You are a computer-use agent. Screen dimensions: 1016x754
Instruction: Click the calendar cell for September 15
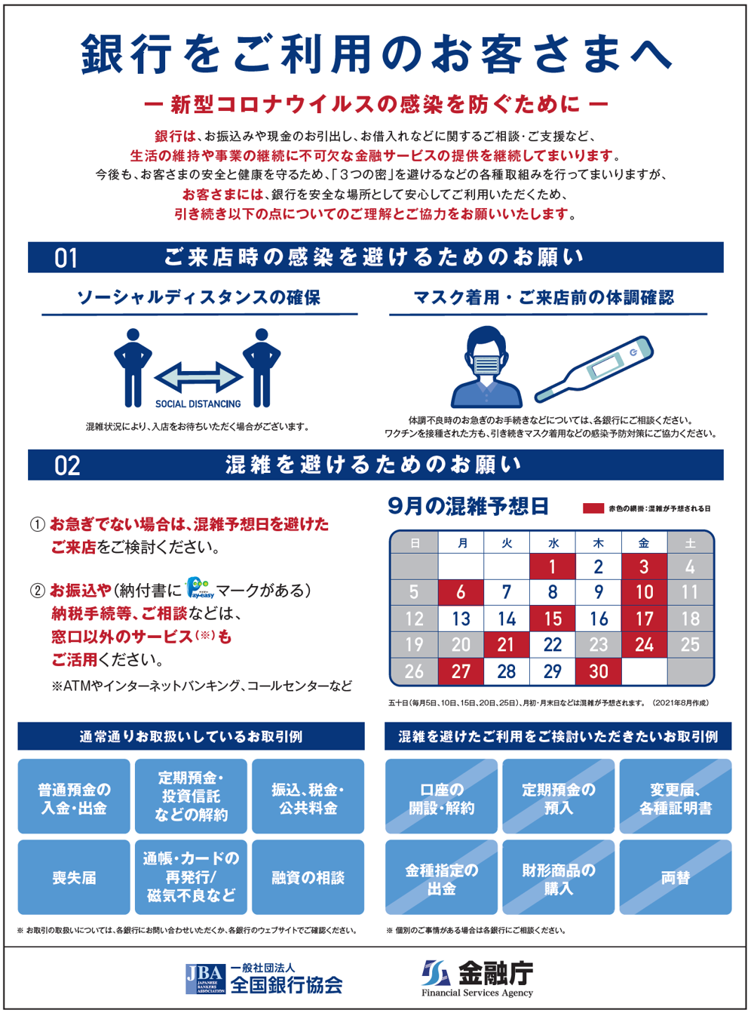point(553,619)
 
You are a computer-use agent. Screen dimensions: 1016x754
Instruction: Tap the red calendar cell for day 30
point(598,671)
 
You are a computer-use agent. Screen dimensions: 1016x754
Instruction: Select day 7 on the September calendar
point(507,592)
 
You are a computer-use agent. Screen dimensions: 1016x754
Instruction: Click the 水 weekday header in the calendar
point(553,542)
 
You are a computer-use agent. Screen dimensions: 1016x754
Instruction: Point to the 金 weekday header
point(644,542)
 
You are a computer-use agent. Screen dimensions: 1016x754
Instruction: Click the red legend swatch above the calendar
point(593,508)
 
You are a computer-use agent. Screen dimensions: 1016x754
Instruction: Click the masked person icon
point(486,367)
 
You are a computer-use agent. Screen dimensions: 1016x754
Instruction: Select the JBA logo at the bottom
point(205,978)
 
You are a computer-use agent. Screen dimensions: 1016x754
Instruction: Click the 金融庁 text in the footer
point(495,973)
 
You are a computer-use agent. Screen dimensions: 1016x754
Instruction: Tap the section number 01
point(66,259)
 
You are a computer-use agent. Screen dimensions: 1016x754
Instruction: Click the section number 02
point(67,465)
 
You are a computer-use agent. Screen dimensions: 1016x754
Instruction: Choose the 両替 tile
point(675,878)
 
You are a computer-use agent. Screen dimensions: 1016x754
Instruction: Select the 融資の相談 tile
point(308,878)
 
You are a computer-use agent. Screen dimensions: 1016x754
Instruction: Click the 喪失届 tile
point(74,878)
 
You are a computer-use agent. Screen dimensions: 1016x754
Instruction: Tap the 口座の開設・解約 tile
point(441,798)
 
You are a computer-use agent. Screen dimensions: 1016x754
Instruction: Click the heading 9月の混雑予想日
point(468,506)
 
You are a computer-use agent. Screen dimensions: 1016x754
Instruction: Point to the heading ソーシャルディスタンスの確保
point(199,298)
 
